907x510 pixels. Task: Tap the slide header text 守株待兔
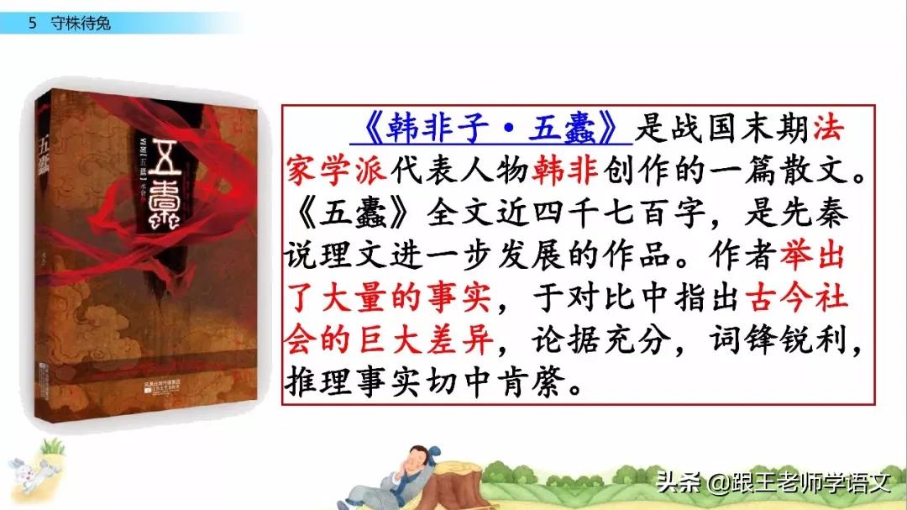pos(81,24)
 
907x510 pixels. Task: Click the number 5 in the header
pos(33,24)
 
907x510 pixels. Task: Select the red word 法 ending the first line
pos(830,130)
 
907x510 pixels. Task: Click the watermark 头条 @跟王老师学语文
pos(773,482)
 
